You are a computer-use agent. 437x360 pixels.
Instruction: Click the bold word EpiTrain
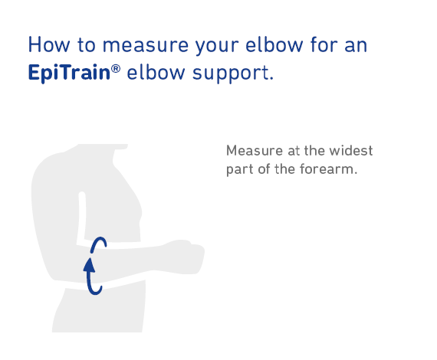pyautogui.click(x=69, y=73)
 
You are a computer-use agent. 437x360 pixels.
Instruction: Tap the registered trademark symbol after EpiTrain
pyautogui.click(x=116, y=68)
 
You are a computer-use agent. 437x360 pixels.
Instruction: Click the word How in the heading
pyautogui.click(x=49, y=44)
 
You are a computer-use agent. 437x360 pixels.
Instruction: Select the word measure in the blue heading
pyautogui.click(x=146, y=46)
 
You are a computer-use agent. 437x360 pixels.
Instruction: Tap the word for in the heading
pyautogui.click(x=324, y=44)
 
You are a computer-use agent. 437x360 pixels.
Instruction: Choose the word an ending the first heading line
pyautogui.click(x=356, y=46)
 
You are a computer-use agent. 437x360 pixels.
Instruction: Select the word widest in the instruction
pyautogui.click(x=351, y=151)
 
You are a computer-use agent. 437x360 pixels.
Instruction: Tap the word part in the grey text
pyautogui.click(x=239, y=170)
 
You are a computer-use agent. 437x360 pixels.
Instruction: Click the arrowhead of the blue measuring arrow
pyautogui.click(x=89, y=265)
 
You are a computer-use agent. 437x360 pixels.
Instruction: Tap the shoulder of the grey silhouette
pyautogui.click(x=49, y=164)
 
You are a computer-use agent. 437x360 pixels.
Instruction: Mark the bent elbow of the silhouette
pyautogui.click(x=56, y=267)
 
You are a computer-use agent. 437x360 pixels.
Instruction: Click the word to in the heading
pyautogui.click(x=87, y=45)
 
